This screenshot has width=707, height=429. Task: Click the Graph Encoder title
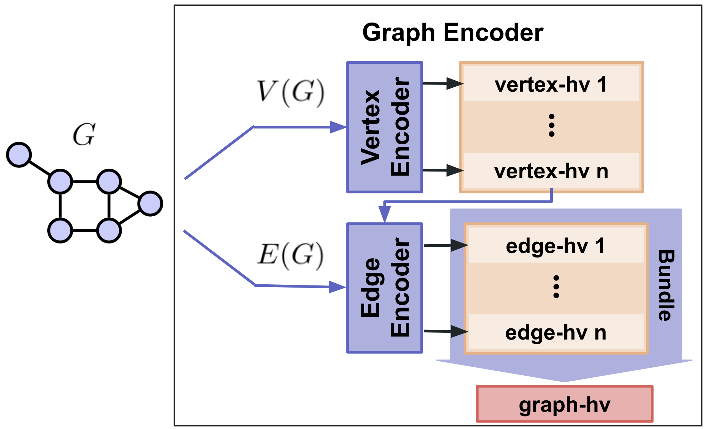453,33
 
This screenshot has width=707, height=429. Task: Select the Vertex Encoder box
385,127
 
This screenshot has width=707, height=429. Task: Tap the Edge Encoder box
385,288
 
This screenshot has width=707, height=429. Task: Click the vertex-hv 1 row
551,85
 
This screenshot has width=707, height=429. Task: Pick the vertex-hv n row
551,171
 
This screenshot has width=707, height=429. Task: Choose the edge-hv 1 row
555,246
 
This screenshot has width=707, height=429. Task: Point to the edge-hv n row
555,333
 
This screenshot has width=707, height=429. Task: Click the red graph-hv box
565,404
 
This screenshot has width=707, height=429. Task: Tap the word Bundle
666,285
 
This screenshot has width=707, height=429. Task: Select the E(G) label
290,255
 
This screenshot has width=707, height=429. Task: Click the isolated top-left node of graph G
19,155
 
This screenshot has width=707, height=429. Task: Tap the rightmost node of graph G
151,203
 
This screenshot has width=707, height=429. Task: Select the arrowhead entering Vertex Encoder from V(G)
338,127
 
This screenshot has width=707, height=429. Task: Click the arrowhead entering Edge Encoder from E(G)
338,287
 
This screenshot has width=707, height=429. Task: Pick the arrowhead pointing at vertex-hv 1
455,84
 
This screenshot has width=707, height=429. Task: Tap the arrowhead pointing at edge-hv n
459,332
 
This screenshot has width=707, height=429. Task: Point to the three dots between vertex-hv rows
551,125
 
